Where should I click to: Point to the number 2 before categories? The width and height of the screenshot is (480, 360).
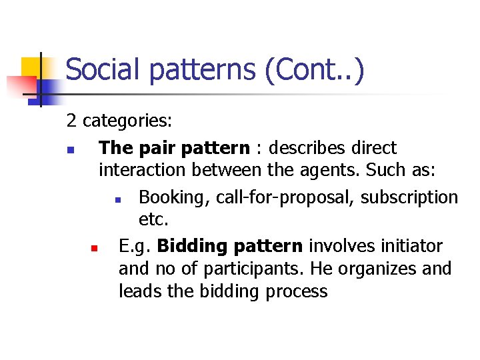(71, 121)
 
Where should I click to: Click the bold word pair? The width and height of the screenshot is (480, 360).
(155, 148)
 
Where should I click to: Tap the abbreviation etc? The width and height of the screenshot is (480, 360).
(154, 219)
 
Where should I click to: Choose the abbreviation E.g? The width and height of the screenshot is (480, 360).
(135, 247)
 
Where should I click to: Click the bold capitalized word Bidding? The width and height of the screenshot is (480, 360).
(191, 247)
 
